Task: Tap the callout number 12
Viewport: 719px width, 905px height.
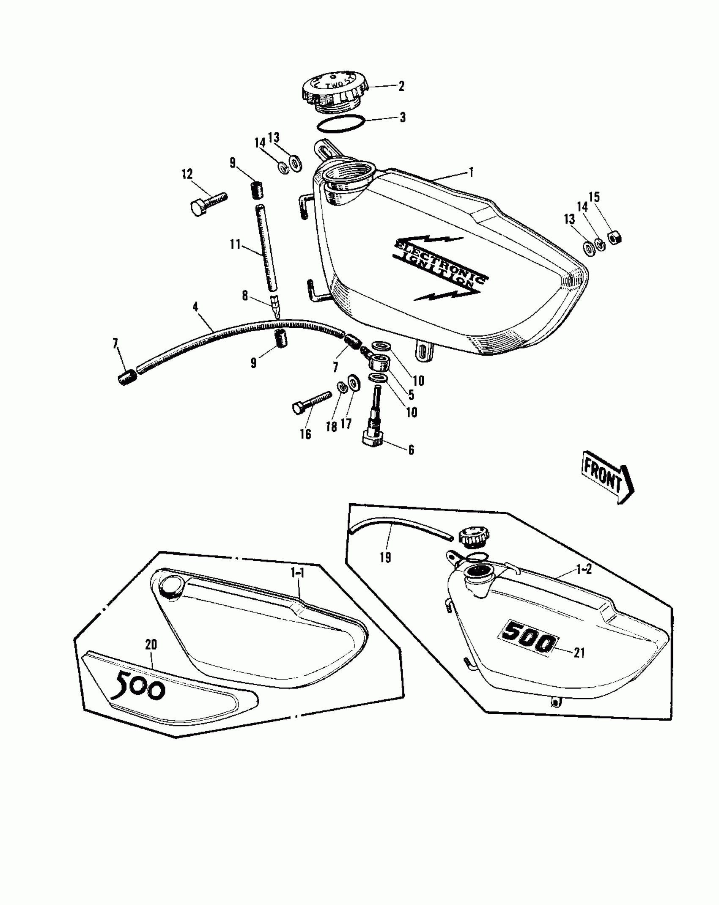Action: [187, 174]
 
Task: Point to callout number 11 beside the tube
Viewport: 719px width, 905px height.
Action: [235, 244]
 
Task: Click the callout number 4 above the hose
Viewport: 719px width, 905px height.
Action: [195, 307]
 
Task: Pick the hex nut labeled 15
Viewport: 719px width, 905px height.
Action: [614, 238]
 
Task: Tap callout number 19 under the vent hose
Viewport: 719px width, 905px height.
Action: [385, 557]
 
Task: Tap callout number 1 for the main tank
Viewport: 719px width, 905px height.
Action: [471, 172]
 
